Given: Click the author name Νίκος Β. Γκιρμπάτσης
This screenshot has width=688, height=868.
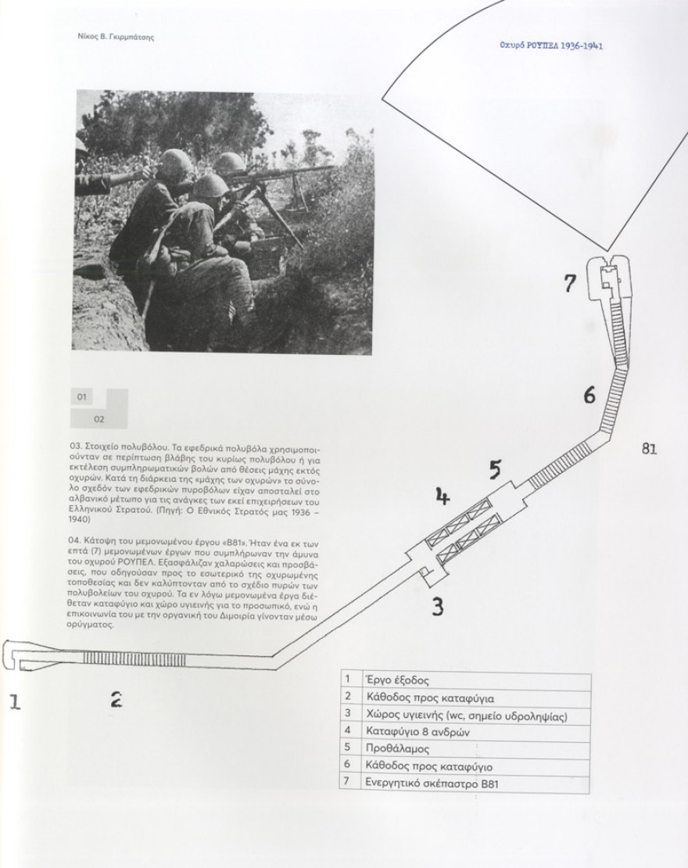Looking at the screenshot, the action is pyautogui.click(x=115, y=38).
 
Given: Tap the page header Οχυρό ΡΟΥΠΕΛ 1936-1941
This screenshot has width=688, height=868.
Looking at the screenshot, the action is pyautogui.click(x=550, y=46).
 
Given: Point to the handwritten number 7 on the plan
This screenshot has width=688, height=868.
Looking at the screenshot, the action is pyautogui.click(x=570, y=283).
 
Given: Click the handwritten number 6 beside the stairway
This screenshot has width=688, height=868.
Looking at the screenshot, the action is pyautogui.click(x=589, y=395).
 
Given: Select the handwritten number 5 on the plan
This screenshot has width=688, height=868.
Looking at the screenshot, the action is pyautogui.click(x=495, y=469).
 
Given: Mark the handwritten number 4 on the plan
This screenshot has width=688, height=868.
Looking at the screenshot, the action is pyautogui.click(x=443, y=497).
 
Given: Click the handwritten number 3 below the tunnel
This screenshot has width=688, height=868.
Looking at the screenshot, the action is pyautogui.click(x=437, y=608).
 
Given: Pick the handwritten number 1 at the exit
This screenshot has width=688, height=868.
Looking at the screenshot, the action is pyautogui.click(x=15, y=702).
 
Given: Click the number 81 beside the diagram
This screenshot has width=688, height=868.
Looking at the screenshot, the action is pyautogui.click(x=649, y=448).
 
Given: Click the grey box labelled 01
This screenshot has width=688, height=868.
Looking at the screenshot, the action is pyautogui.click(x=82, y=397).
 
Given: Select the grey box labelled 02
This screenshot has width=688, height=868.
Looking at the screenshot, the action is pyautogui.click(x=99, y=419).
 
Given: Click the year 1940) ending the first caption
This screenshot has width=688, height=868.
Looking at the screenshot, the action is pyautogui.click(x=80, y=520).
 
